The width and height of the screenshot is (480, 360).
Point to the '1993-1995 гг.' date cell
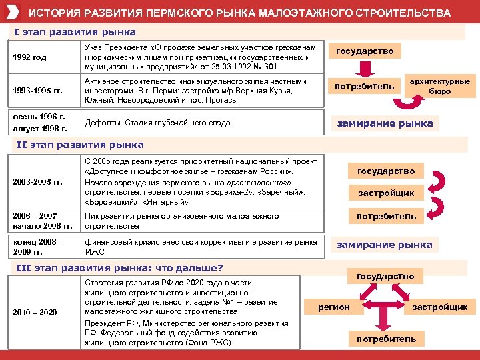coord(37,90)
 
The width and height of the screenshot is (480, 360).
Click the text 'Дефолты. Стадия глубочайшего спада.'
coord(159,123)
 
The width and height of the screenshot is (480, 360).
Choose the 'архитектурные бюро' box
coord(439,86)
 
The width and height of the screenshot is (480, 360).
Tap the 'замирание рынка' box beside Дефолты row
coord(385,123)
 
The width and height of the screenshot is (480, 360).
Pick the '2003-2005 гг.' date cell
coord(37,181)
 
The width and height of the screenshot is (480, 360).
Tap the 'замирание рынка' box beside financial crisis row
coord(385,245)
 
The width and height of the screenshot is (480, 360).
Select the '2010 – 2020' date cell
coord(35,312)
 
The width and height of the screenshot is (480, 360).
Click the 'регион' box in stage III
coord(334,307)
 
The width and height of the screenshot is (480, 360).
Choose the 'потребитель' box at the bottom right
coord(386,339)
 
